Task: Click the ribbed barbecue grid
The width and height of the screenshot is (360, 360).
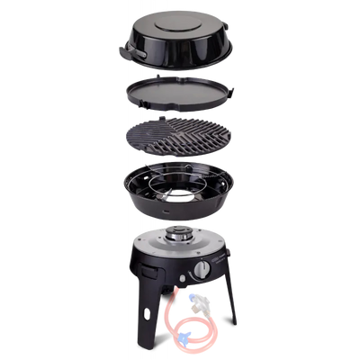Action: coord(180,139)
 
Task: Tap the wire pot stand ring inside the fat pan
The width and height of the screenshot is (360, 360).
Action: coord(180,184)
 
